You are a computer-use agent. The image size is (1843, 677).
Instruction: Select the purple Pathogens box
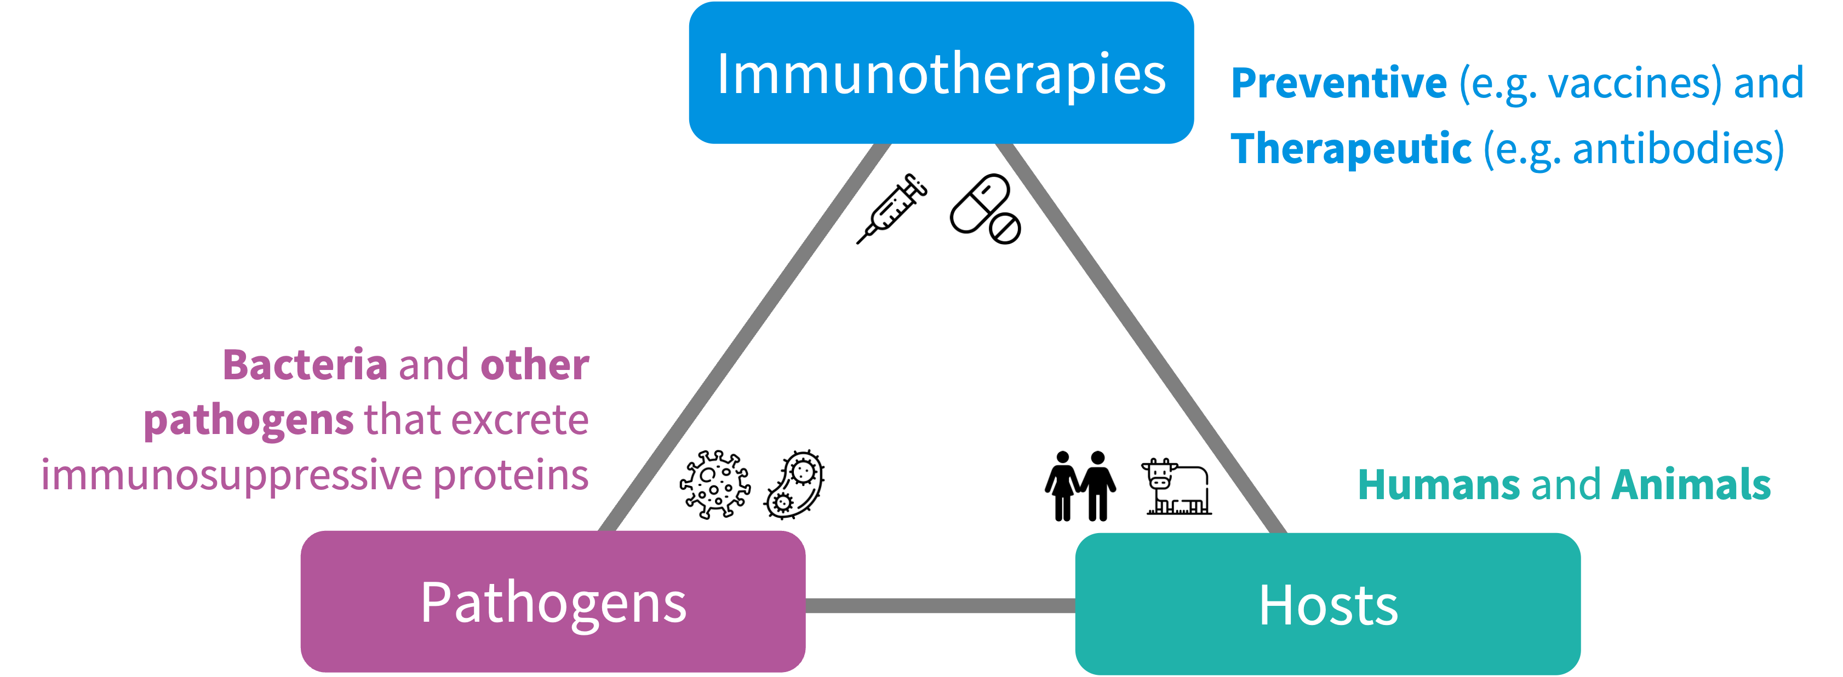tap(552, 602)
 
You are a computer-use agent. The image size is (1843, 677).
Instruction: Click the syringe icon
tap(891, 208)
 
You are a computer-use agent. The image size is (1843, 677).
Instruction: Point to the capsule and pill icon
tap(985, 208)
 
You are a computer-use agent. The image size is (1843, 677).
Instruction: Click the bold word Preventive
tap(1338, 84)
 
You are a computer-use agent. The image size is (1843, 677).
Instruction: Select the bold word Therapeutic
tap(1351, 149)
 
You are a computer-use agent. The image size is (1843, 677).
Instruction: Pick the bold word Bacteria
tap(306, 365)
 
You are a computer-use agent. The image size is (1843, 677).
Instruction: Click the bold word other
tap(535, 365)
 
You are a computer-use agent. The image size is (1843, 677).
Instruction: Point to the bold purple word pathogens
tap(248, 420)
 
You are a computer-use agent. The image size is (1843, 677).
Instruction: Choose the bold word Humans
tap(1438, 485)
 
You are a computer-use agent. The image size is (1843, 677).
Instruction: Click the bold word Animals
tap(1691, 485)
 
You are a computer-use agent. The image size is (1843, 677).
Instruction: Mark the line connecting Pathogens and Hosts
tap(940, 605)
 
